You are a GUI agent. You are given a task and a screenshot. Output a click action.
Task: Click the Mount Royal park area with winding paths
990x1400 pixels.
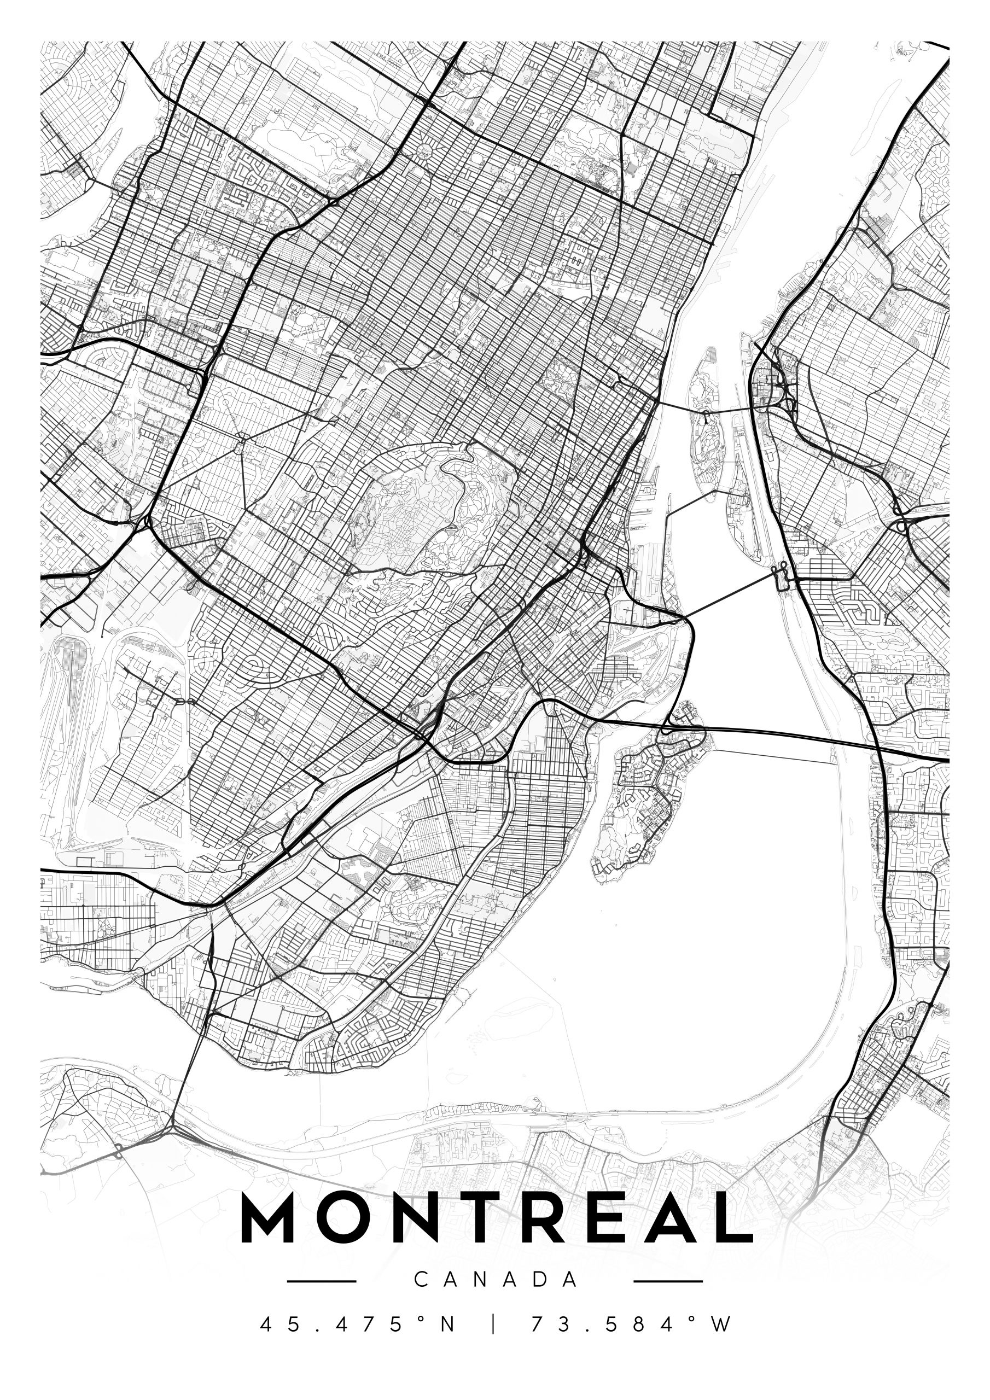(x=427, y=512)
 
